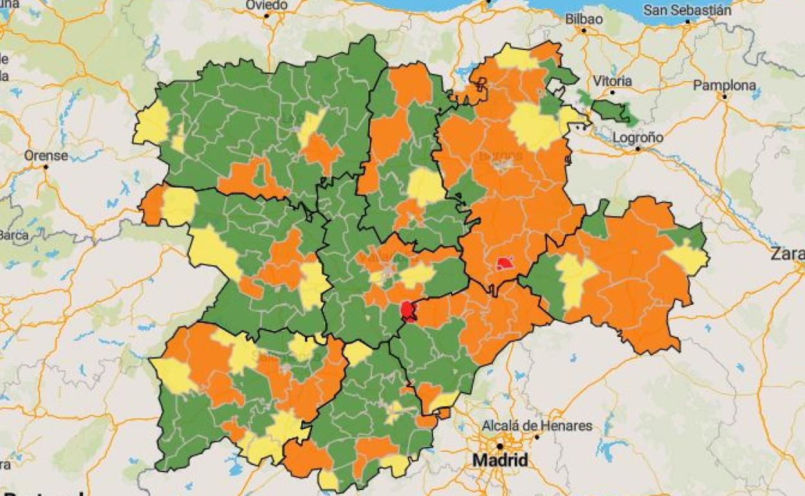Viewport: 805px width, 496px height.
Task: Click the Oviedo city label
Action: point(266,5)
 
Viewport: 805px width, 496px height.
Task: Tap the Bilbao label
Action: point(584,19)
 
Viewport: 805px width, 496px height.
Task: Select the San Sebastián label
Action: point(688,10)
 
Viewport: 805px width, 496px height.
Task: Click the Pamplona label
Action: point(724,85)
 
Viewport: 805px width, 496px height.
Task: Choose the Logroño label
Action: point(638,137)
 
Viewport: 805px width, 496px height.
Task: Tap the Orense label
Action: point(46,155)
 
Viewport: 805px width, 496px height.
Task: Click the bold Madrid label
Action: point(500,461)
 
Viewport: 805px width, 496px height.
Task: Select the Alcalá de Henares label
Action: point(537,426)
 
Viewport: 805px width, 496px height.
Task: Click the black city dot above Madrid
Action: point(499,446)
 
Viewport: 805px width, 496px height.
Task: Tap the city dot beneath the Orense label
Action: point(46,167)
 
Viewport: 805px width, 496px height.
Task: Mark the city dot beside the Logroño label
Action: point(637,149)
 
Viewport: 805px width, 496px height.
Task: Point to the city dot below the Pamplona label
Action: point(725,97)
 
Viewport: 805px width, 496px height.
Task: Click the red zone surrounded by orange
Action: point(504,262)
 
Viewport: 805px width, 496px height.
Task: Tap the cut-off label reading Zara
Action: point(788,254)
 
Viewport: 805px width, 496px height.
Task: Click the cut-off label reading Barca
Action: point(14,234)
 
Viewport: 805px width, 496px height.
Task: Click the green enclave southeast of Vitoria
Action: point(610,110)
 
